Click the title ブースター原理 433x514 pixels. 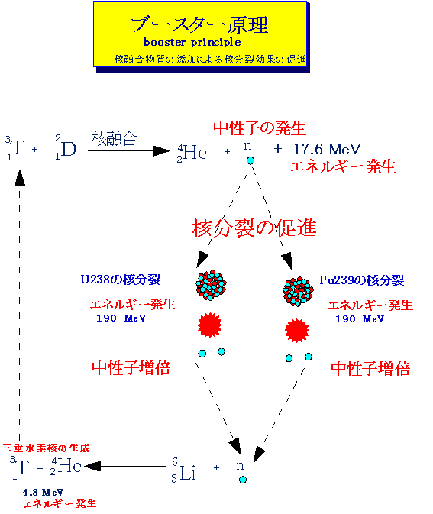(x=199, y=24)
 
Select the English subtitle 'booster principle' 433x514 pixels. (x=192, y=42)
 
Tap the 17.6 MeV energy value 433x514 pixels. (x=327, y=149)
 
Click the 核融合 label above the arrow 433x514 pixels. (x=114, y=139)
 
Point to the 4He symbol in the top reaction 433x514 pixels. (x=192, y=153)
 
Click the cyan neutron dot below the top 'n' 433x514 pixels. (x=250, y=160)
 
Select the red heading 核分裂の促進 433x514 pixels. (x=254, y=228)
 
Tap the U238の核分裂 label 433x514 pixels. (x=121, y=280)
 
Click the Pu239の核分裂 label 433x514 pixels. (x=361, y=280)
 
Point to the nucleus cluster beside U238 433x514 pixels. (x=211, y=285)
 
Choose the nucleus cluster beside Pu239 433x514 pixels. (x=298, y=292)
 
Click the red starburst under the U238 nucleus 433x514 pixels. (x=209, y=325)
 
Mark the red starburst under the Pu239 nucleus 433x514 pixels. (x=296, y=330)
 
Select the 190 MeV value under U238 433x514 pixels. (x=121, y=318)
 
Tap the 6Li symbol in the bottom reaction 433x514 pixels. (x=183, y=470)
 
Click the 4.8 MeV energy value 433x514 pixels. (x=43, y=493)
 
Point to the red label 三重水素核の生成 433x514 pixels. (x=46, y=448)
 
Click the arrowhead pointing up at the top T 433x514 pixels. (x=20, y=178)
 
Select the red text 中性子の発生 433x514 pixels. (x=260, y=128)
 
